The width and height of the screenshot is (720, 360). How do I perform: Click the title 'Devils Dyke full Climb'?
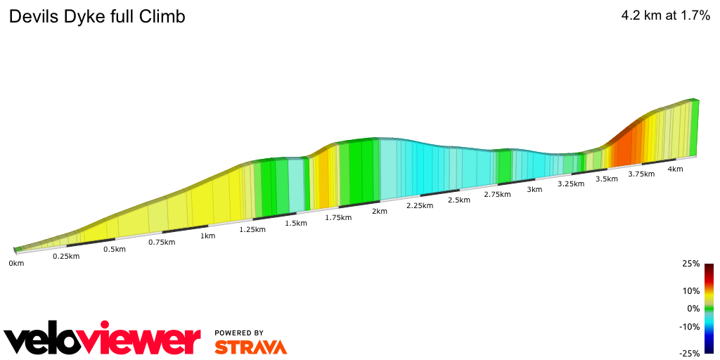coord(97,17)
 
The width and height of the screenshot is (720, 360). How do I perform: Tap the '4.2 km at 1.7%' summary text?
coord(665,16)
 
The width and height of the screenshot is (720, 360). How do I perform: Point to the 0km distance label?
coord(15,263)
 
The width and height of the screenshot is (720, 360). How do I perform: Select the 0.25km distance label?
coord(66,256)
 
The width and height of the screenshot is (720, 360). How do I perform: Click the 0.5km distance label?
coord(115,250)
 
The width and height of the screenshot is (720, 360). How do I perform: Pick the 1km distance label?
coord(207,236)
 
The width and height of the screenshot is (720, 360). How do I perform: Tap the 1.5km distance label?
coord(296,224)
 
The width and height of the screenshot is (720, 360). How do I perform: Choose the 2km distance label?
coord(380,212)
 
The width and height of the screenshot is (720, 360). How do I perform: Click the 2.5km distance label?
coord(458,200)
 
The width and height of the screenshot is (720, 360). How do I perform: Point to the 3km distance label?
coord(534,189)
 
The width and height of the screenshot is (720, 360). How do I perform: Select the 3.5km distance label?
coord(607,179)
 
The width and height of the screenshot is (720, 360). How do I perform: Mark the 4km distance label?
coord(675,169)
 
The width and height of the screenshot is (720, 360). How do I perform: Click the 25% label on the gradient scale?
coord(691,264)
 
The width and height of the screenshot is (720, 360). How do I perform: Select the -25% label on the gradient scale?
coord(690,353)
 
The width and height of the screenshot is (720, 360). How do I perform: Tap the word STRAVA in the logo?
coord(250,347)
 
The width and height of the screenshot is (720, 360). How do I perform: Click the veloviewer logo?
coord(102,340)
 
